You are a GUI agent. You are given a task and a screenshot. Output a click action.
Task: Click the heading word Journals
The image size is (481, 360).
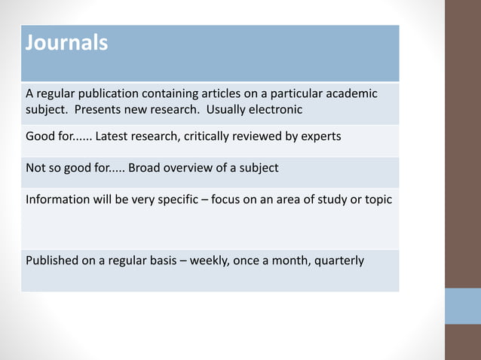(66, 43)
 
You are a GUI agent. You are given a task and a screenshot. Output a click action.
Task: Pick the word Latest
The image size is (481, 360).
(115, 136)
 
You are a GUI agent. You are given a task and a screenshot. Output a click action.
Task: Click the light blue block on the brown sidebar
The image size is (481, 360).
(462, 306)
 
